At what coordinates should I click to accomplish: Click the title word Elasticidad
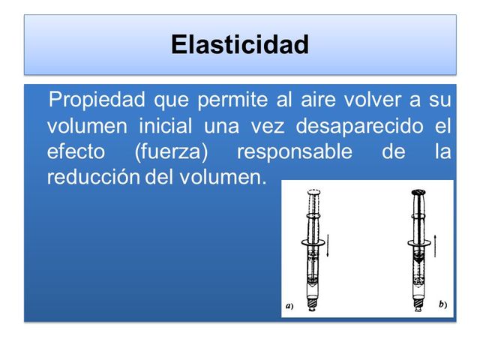coord(240,44)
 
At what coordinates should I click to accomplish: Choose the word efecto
coord(76,151)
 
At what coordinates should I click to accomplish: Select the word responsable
coord(294,151)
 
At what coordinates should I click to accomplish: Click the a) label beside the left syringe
coord(289,306)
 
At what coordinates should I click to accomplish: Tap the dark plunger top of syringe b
coord(417,192)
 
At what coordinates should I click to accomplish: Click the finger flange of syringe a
coord(313,241)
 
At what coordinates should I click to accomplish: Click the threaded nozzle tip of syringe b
coord(417,305)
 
